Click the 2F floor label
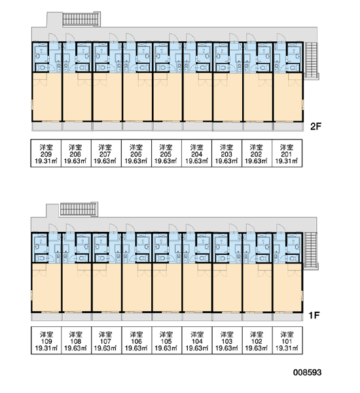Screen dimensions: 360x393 tap(315, 126)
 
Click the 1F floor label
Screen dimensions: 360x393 tap(314, 315)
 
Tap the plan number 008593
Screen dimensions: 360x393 tap(307, 372)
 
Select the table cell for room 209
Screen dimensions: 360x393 tap(46, 153)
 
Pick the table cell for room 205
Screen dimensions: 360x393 tap(166, 153)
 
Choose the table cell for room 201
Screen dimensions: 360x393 tap(287, 153)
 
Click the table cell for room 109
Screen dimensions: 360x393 tap(46, 340)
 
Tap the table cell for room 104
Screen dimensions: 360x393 tap(197, 340)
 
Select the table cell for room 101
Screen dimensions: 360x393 tap(287, 340)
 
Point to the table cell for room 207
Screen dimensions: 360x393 tap(106, 153)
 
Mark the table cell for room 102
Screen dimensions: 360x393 tap(257, 340)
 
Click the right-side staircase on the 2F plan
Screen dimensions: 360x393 tap(311, 60)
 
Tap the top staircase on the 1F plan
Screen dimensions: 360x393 tap(79, 209)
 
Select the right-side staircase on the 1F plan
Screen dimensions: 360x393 tap(311, 251)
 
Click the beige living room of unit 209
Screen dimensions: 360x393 tap(47, 97)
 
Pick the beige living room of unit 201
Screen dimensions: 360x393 tap(288, 97)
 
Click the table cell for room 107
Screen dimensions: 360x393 tap(107, 340)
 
